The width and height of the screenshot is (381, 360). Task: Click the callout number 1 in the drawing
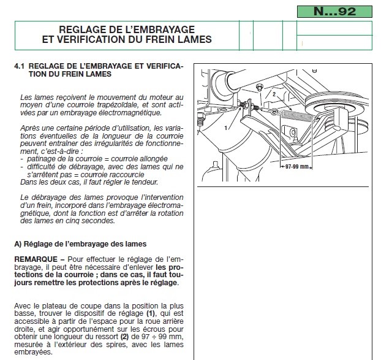click(x=227, y=127)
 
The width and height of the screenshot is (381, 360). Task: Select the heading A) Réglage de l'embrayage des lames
click(x=75, y=243)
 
